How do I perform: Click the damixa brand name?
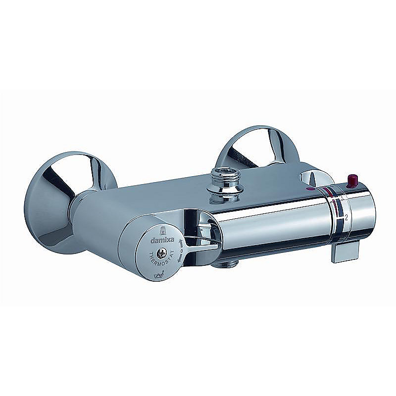pos(162,240)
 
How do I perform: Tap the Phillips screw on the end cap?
pos(161,253)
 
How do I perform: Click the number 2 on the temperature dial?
pos(347,217)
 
